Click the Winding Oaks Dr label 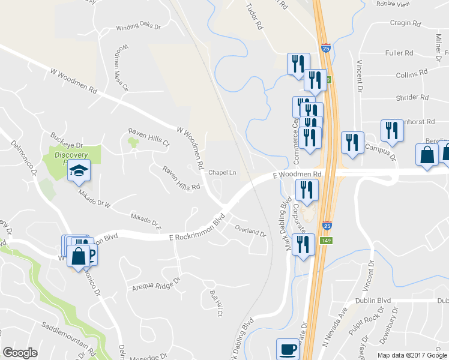point(138,27)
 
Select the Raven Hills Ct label point(149,137)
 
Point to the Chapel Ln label point(222,172)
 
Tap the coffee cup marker point(287,349)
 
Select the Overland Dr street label point(250,232)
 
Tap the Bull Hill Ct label point(216,303)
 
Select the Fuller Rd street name point(399,53)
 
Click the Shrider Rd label point(412,97)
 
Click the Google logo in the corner point(20,353)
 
